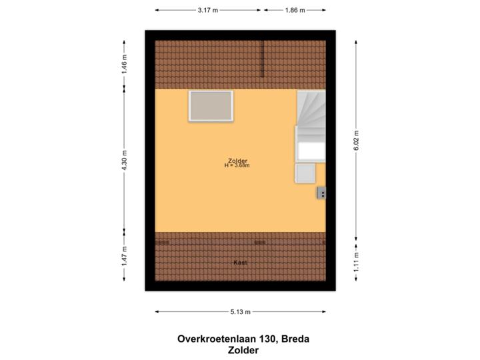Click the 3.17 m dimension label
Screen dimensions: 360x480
(207, 11)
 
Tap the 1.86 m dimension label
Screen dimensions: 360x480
(295, 11)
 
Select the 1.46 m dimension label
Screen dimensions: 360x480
(124, 65)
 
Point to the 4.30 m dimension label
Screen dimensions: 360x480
(124, 161)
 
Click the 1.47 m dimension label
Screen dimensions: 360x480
(124, 257)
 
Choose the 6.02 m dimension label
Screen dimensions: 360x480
(357, 140)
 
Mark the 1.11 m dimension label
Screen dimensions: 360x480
(357, 262)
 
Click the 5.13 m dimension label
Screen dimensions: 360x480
(240, 311)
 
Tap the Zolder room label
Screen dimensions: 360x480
(237, 160)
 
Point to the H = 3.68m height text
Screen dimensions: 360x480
(237, 165)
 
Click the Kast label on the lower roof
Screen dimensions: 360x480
(241, 263)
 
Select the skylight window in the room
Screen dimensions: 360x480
(211, 106)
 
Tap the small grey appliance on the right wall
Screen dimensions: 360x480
(321, 193)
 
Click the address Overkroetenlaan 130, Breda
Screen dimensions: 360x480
(243, 339)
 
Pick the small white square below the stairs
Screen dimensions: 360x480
(305, 173)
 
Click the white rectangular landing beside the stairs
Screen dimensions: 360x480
(311, 151)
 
